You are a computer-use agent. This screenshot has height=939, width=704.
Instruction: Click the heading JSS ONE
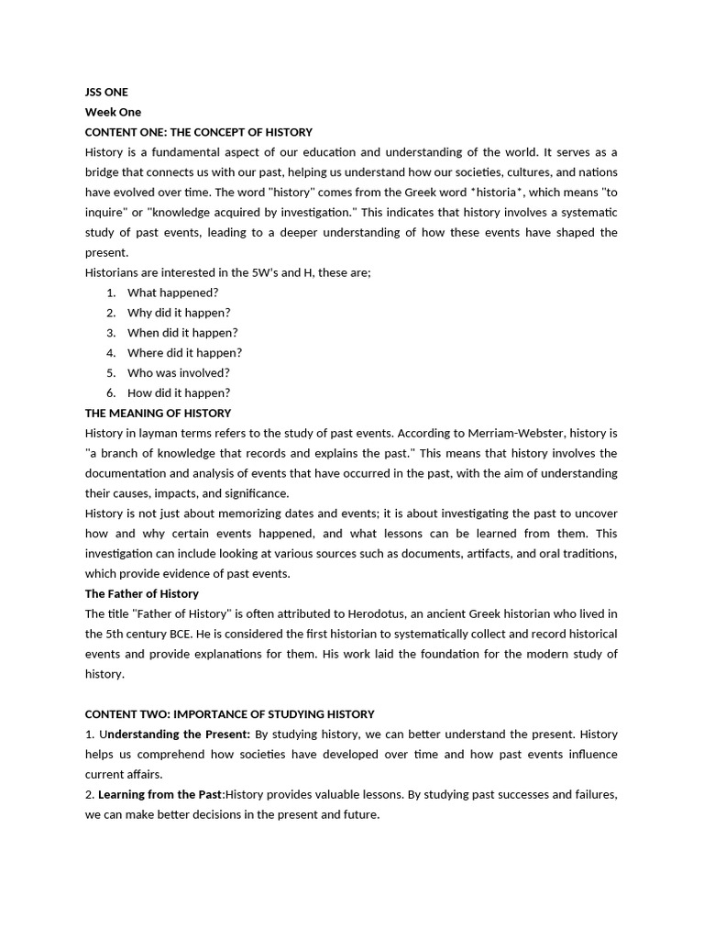[x=106, y=92]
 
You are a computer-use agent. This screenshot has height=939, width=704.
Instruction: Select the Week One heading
[x=113, y=112]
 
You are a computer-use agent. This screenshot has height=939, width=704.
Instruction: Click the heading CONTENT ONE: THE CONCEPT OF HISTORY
[x=199, y=132]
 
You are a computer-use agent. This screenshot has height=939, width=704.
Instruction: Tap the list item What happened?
[x=172, y=293]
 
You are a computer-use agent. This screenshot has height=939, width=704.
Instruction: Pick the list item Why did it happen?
[x=179, y=313]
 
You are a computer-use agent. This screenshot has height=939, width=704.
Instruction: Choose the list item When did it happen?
[x=182, y=333]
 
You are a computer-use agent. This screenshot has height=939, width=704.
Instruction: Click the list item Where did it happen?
[x=184, y=353]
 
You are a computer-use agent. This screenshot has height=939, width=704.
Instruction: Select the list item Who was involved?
[x=178, y=373]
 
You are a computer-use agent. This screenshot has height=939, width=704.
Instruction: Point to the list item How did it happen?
[x=179, y=393]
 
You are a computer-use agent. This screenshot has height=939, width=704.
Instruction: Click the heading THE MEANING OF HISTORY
[x=158, y=414]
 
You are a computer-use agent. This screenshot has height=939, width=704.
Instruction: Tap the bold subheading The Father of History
[x=142, y=594]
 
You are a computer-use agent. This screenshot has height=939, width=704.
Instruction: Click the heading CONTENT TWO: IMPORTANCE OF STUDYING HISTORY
[x=229, y=714]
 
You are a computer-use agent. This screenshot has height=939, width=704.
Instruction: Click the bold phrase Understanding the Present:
[x=179, y=735]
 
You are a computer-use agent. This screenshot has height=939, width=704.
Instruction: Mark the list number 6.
[x=110, y=393]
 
